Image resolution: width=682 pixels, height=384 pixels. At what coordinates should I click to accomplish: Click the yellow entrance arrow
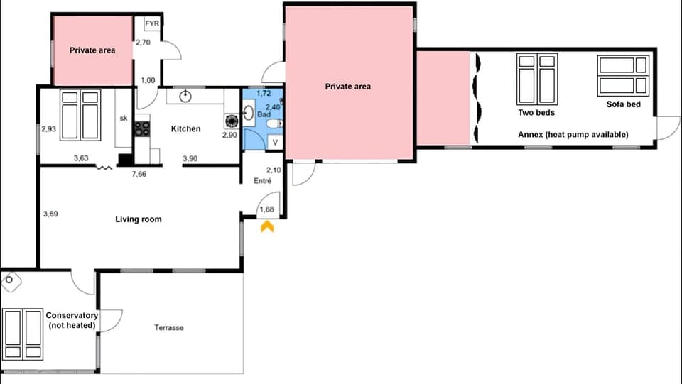click(267, 226)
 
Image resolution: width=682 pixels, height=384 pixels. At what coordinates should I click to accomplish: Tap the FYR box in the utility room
click(152, 24)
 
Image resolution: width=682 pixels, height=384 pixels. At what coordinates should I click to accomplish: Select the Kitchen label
click(185, 128)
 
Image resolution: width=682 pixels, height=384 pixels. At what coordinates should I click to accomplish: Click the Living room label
click(139, 219)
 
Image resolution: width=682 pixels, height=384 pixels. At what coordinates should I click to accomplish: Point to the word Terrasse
click(169, 327)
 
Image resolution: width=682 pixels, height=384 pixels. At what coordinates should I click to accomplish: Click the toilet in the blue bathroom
click(274, 124)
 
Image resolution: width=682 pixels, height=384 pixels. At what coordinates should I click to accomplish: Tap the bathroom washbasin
click(249, 113)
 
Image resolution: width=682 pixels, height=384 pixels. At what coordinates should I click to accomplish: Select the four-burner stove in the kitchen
click(142, 129)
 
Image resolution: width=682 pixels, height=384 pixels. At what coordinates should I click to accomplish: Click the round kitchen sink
click(185, 96)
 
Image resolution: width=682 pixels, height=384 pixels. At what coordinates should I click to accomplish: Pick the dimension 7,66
click(139, 174)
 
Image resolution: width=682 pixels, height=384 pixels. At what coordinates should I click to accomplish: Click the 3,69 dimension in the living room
click(50, 214)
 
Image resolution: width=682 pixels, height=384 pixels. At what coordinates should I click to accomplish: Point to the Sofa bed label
click(623, 104)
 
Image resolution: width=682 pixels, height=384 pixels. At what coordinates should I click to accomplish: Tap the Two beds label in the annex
click(536, 113)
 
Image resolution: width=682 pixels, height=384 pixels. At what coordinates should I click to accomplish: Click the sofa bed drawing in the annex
click(623, 75)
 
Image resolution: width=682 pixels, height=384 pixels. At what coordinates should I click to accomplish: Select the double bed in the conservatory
click(22, 334)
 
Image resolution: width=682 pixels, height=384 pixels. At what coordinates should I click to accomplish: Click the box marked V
click(275, 142)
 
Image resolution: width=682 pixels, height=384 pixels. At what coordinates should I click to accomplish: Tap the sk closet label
click(124, 118)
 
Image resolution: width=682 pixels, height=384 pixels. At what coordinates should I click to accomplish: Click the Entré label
click(262, 181)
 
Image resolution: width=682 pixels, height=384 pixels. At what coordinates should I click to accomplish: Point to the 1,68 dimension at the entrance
click(266, 209)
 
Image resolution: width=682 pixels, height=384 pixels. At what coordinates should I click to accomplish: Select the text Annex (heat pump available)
click(573, 135)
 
